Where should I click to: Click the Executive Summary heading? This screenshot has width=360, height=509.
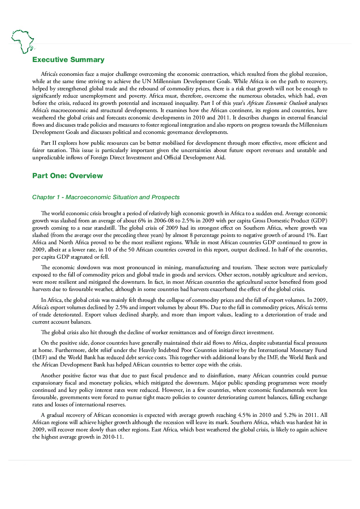pos(68,60)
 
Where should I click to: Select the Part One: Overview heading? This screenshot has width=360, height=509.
pos(67,176)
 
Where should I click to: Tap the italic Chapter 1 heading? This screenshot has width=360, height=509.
pos(106,197)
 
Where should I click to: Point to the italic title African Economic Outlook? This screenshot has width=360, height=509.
pos(277,103)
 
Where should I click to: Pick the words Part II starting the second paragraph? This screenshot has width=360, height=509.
pos(49,143)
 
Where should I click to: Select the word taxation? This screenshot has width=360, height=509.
pos(57,150)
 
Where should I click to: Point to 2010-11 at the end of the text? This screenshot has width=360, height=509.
pos(113,437)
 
